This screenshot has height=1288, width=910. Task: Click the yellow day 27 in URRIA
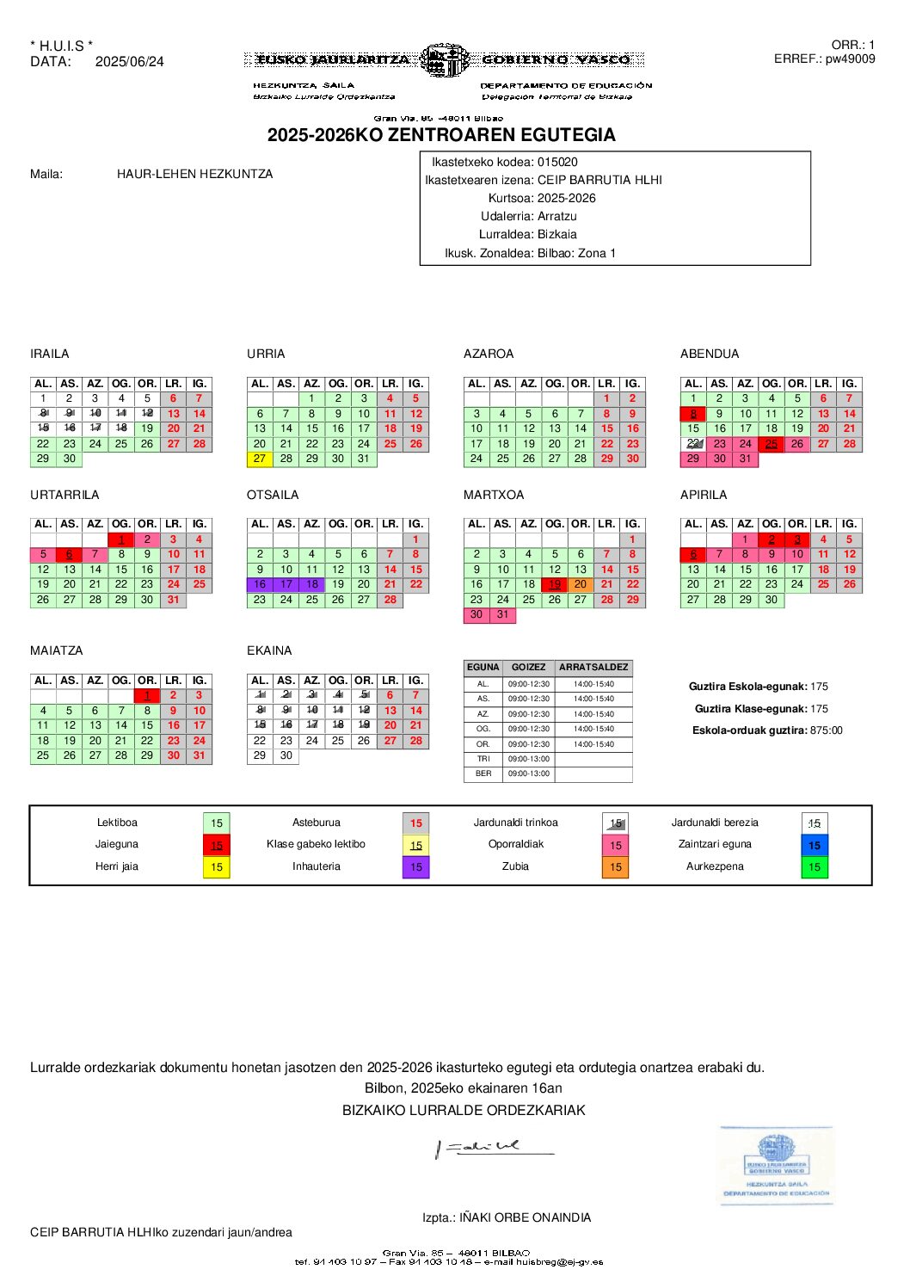coord(260,459)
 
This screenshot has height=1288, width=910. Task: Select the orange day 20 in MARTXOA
coord(581,584)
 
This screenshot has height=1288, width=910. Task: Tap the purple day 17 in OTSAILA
coord(286,584)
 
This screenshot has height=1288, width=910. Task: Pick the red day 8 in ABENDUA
coord(693,414)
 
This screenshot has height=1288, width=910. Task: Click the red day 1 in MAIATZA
coord(147,695)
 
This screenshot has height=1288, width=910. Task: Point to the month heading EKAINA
coord(269,650)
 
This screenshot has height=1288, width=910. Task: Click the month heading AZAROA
coord(489,354)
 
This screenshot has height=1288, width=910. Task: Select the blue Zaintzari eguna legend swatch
coord(815,845)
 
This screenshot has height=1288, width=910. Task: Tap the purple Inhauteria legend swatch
coord(415,867)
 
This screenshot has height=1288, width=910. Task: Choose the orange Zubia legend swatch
coord(615,867)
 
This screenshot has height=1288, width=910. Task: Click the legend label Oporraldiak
coord(516,844)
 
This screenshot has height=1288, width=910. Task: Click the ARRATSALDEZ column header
coord(593,667)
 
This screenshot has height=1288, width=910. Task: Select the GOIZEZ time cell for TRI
coord(528,759)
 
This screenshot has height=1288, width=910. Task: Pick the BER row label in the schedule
coord(483,773)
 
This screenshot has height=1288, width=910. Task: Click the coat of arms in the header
coord(445,60)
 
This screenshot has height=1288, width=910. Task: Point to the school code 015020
coord(557,162)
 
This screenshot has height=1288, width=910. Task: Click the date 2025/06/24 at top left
coord(129,62)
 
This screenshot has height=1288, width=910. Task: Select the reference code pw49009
coord(850,59)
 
